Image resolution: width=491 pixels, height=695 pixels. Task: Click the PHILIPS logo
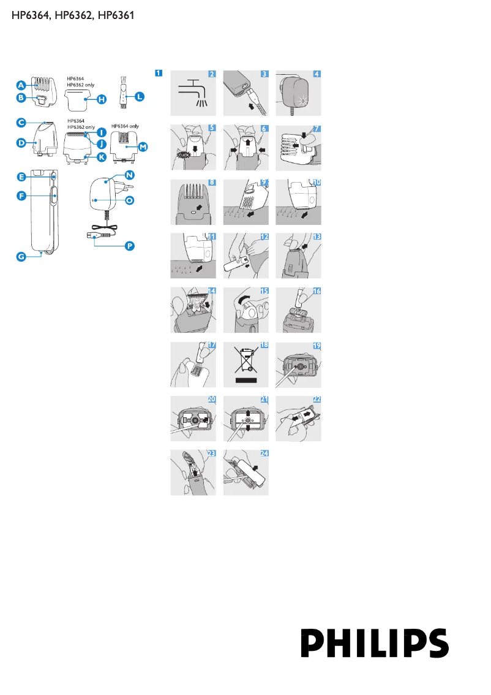374,643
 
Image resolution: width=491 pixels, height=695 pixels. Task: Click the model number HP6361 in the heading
116,15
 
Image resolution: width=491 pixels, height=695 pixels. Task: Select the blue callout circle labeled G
21,257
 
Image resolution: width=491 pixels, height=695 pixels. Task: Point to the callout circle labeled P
130,245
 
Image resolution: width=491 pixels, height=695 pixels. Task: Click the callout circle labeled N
129,175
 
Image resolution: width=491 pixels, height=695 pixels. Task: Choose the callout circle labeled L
140,96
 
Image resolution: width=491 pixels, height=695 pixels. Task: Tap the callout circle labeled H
102,99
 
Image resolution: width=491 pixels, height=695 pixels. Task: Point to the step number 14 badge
211,291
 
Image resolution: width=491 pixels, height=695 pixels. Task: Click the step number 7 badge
317,128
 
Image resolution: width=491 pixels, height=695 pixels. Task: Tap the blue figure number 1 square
159,74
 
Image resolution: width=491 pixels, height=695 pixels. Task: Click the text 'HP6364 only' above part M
125,126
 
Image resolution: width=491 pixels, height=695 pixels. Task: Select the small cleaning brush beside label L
123,92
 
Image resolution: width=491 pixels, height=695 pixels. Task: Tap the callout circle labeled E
21,177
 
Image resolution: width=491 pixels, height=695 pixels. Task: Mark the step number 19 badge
317,345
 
